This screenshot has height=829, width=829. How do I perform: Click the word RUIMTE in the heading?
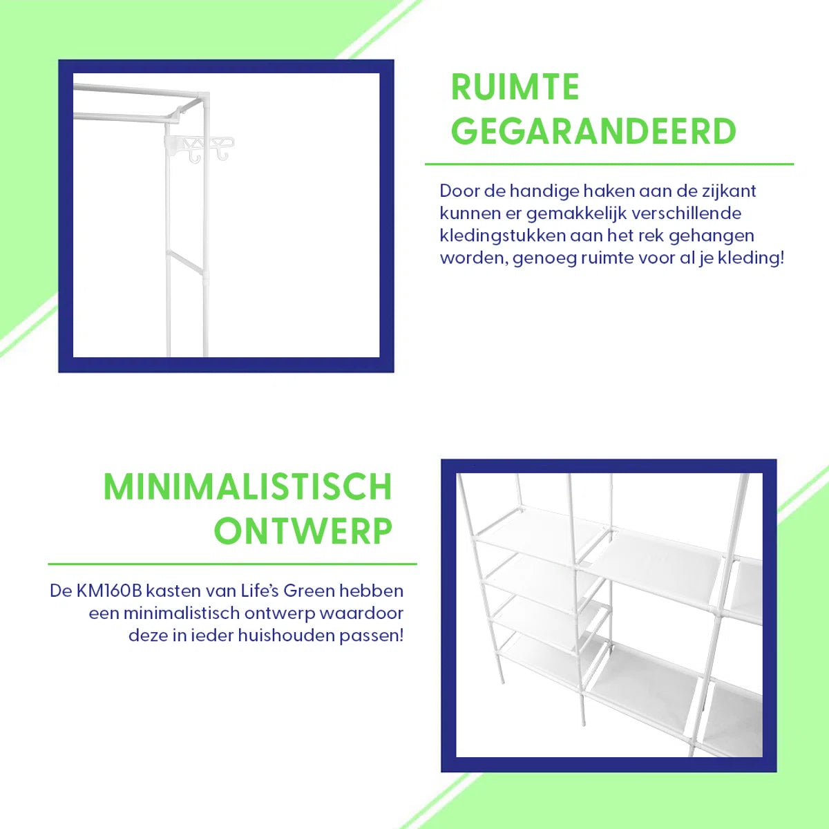coord(515,87)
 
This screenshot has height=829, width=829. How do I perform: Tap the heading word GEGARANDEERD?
coord(593,131)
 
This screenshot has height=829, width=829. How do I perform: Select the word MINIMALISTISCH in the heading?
coord(248,486)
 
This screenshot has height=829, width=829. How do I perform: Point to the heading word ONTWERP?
coord(303,531)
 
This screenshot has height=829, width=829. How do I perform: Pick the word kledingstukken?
coord(502,236)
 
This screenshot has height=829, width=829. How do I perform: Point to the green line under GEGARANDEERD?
coord(609,164)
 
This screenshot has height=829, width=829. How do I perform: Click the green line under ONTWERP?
coord(232,564)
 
